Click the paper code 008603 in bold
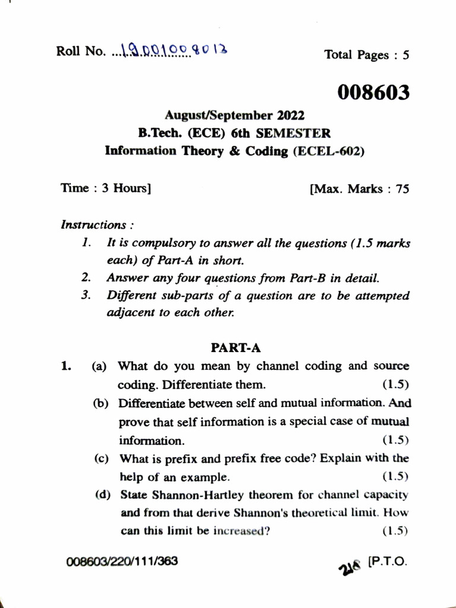374,93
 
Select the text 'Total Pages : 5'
366,55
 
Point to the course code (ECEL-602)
329,151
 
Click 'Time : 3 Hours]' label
106,188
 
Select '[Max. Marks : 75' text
359,189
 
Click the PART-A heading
236,347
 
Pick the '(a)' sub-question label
99,367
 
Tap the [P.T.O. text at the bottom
388,561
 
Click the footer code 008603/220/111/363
122,561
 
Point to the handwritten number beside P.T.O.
350,565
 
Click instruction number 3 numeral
86,295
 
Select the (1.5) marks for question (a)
396,384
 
